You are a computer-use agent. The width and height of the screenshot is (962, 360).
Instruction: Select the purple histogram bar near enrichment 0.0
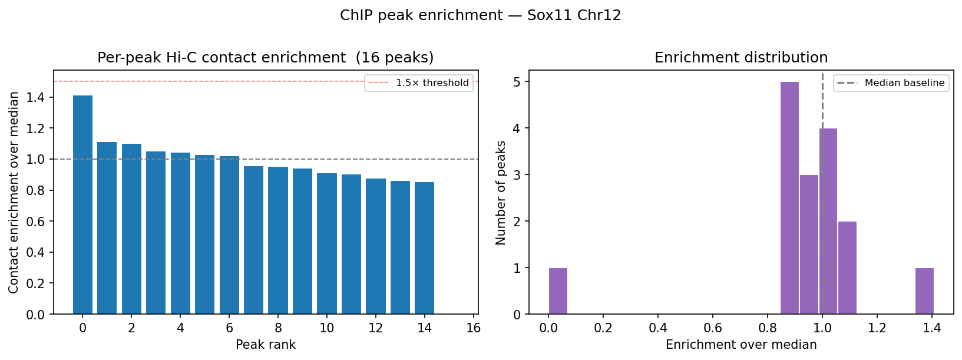(558, 291)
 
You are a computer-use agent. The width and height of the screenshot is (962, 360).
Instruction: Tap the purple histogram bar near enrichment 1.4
(924, 291)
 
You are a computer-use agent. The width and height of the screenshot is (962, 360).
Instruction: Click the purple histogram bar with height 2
(847, 267)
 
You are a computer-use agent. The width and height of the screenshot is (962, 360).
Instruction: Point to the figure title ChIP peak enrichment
(480, 15)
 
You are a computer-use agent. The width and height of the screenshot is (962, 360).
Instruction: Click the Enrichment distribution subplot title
(741, 58)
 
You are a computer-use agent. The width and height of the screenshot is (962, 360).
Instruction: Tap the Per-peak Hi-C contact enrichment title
(265, 58)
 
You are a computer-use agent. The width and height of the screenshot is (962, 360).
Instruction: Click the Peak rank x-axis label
(266, 345)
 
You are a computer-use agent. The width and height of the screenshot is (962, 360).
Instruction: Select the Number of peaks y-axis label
(501, 193)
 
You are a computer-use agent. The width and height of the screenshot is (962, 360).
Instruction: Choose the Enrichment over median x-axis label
(741, 345)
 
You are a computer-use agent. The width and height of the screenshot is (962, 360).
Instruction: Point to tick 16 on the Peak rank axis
(473, 328)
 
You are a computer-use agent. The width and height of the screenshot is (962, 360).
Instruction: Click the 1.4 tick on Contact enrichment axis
(36, 97)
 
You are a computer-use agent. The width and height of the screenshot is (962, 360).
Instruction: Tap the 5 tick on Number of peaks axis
(517, 81)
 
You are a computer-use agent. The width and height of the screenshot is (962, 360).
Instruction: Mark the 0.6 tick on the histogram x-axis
(713, 328)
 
